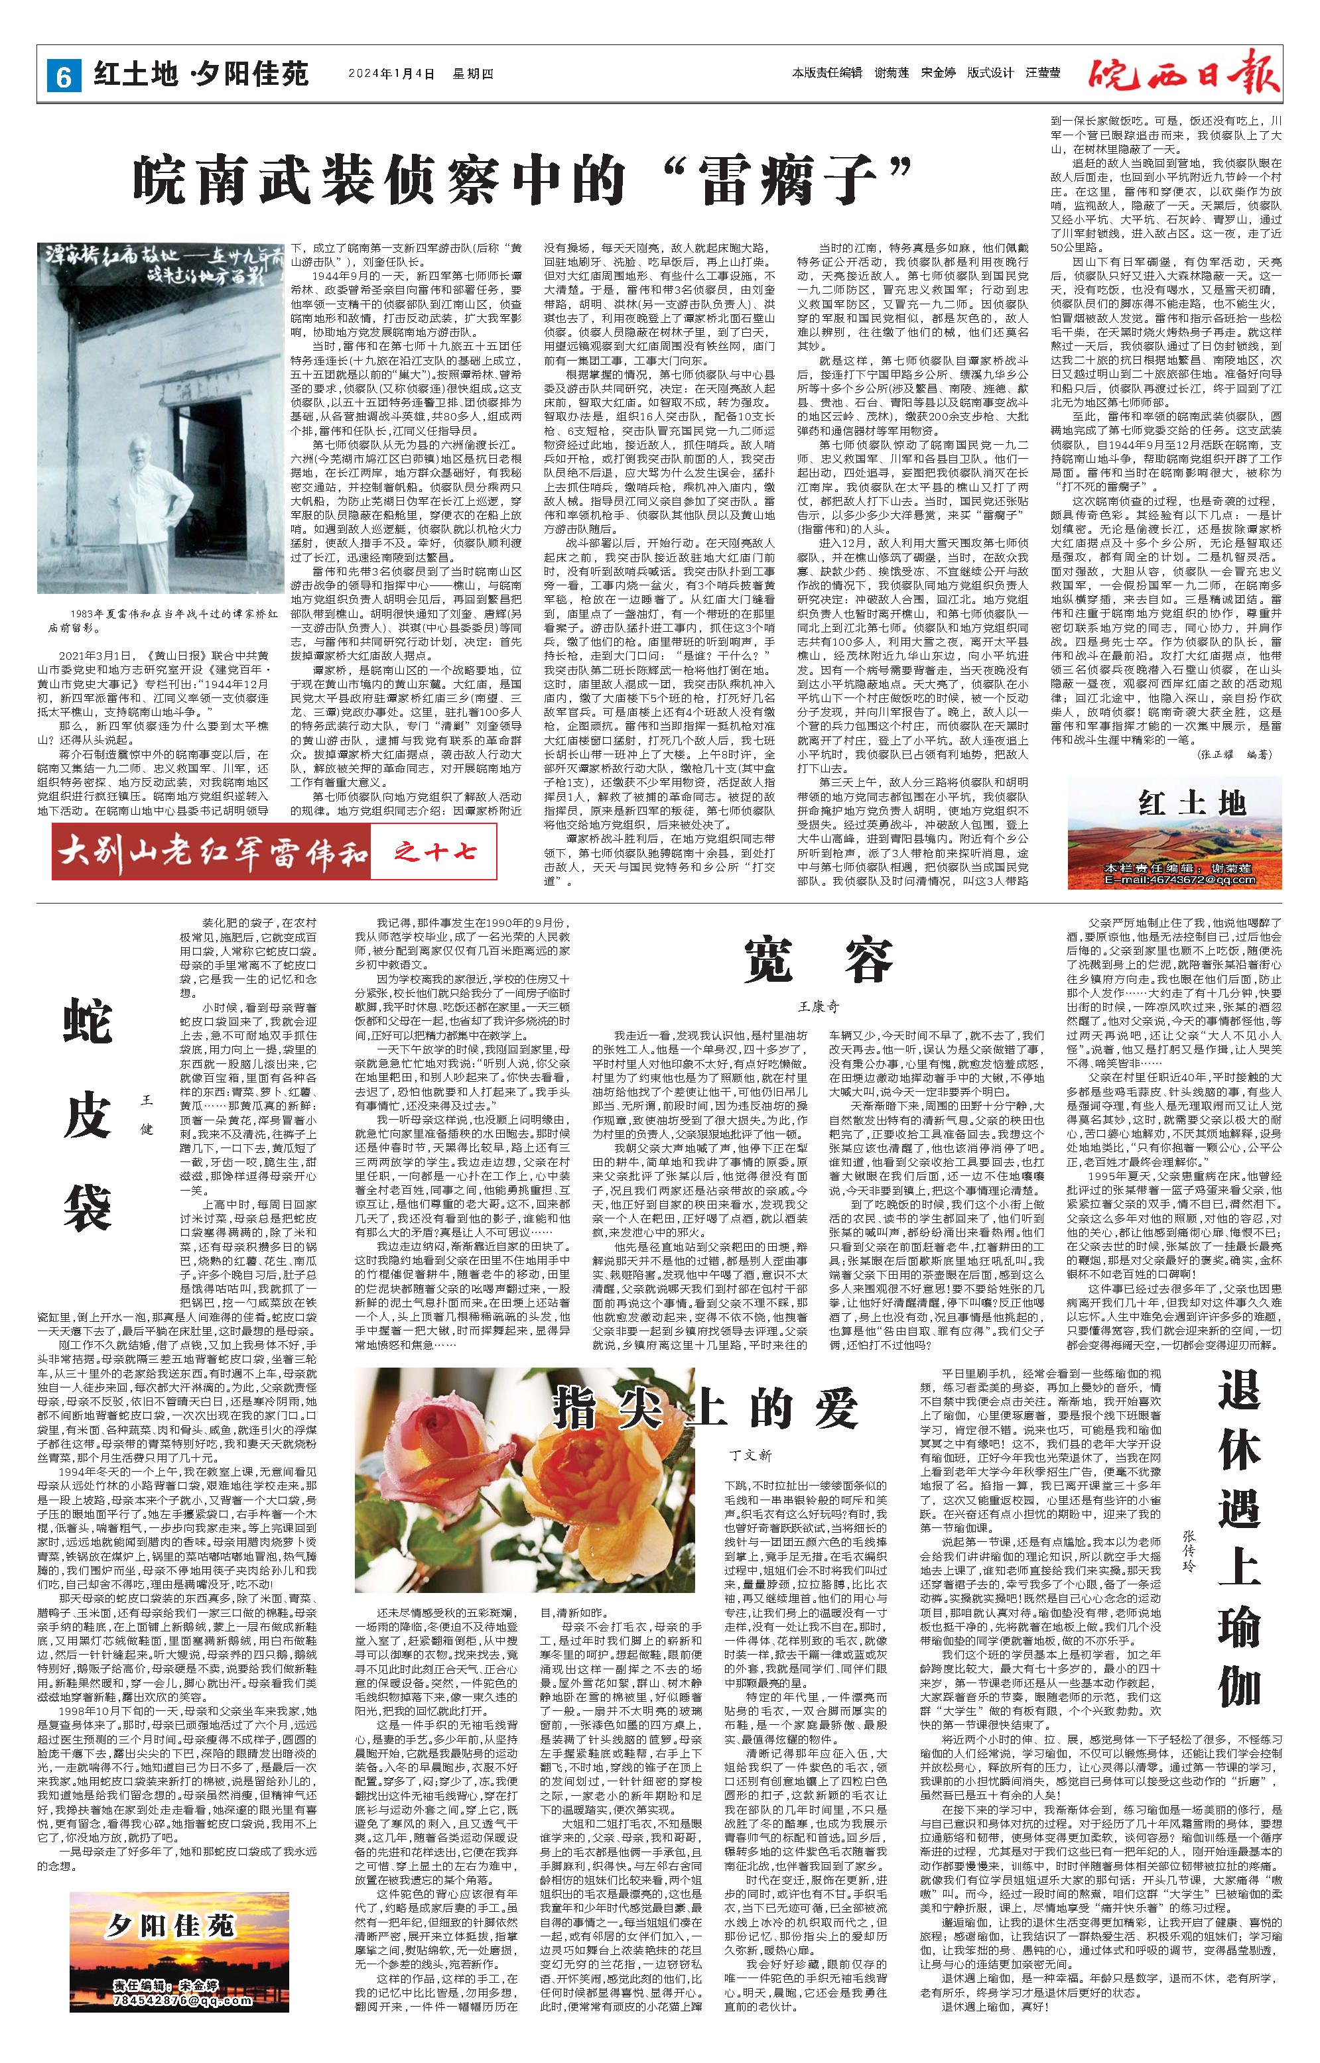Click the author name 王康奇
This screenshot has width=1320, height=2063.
(x=816, y=1008)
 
